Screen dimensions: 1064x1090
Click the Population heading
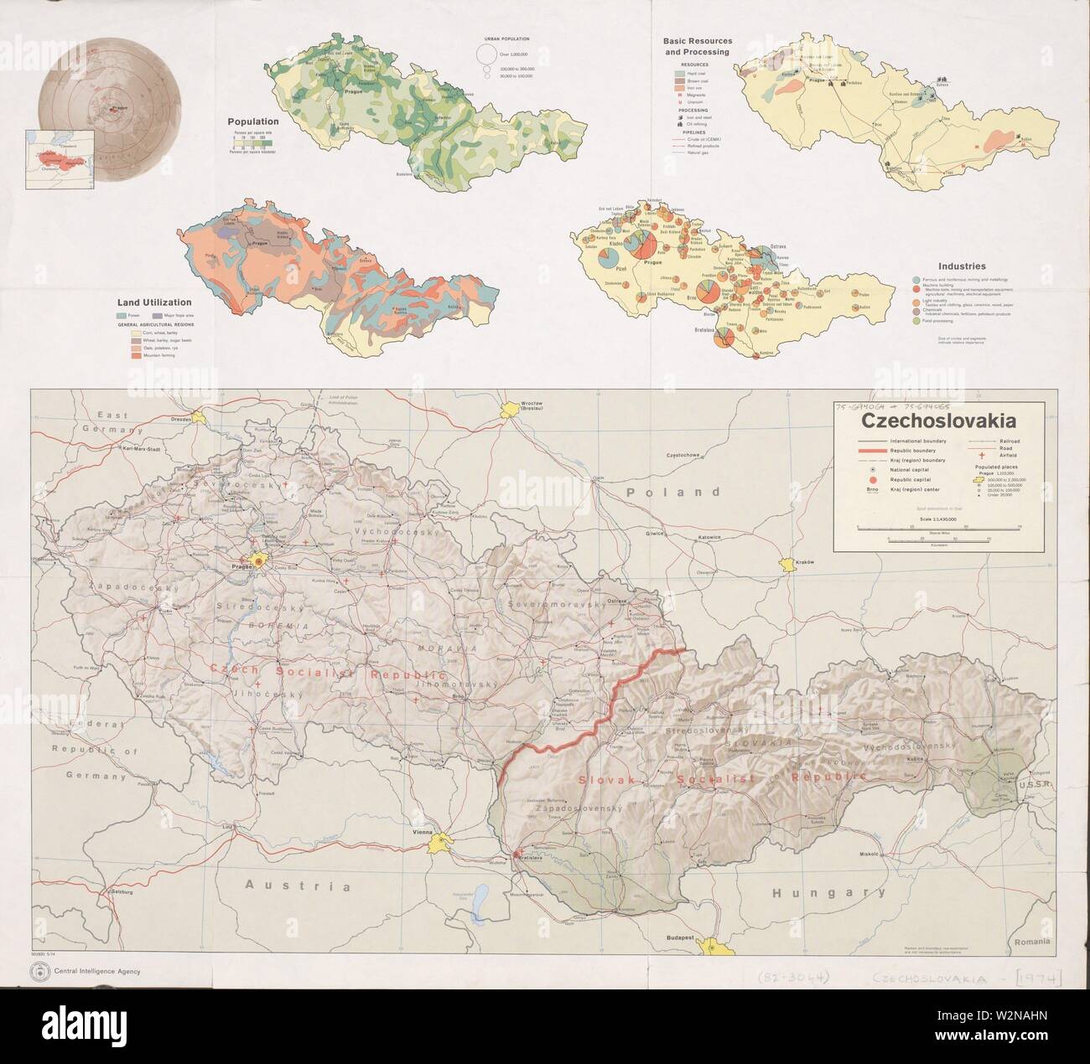(253, 121)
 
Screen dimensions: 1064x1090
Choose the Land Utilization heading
(154, 302)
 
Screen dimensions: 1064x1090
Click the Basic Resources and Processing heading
(697, 46)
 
